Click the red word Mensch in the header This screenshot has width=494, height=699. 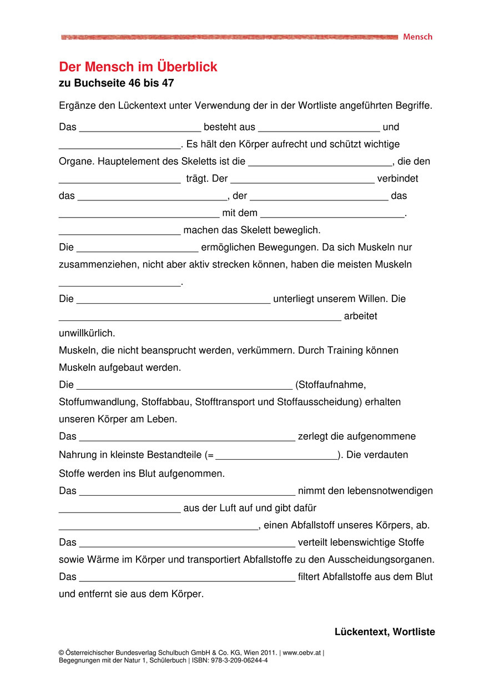point(417,37)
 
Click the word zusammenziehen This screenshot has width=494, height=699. point(92,265)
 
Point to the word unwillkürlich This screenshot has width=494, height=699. point(87,334)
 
